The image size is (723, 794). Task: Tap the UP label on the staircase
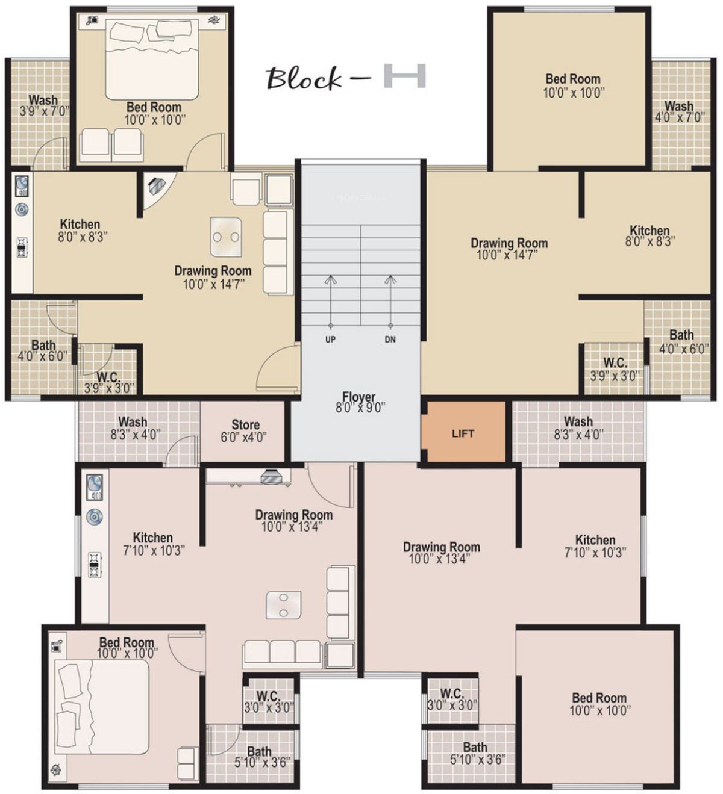point(330,340)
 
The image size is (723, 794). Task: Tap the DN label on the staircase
point(390,340)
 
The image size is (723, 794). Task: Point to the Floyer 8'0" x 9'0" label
point(360,402)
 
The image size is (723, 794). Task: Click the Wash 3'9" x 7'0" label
point(44,105)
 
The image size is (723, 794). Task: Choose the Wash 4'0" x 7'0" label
point(680,111)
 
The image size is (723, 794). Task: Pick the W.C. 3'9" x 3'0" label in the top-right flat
point(615,370)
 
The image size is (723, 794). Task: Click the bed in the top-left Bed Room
point(152,58)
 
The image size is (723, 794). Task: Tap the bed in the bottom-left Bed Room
point(102,707)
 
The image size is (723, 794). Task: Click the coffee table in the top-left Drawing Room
point(226,237)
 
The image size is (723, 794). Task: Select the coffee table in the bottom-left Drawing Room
point(283,605)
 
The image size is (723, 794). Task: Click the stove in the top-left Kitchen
point(22,247)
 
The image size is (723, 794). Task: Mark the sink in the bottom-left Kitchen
point(95,487)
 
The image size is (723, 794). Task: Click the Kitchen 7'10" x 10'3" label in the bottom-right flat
point(595,546)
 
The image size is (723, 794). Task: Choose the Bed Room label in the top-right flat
point(573,79)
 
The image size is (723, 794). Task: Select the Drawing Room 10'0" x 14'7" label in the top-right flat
point(509,249)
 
